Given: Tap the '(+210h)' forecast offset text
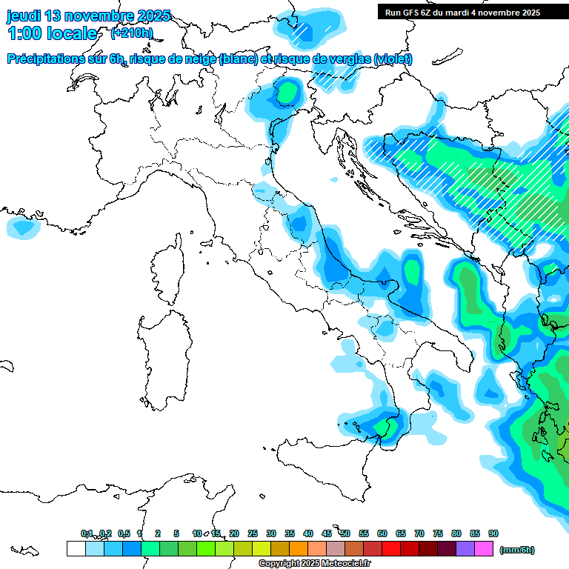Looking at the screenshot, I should tap(131, 33).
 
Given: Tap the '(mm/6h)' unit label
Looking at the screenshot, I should tap(516, 550).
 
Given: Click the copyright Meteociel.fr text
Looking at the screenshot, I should tap(314, 564).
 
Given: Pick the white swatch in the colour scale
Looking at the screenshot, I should tap(76, 548).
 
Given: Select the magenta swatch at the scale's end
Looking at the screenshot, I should tap(484, 548).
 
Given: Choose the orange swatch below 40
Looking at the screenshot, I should tap(298, 548).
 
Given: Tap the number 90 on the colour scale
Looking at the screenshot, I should tap(493, 533).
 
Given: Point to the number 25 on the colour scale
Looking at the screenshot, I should tap(253, 533).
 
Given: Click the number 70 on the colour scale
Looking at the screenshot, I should tap(419, 533).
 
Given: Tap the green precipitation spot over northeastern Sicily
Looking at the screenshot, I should tap(384, 428).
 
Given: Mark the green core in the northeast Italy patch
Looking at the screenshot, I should tap(287, 93).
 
